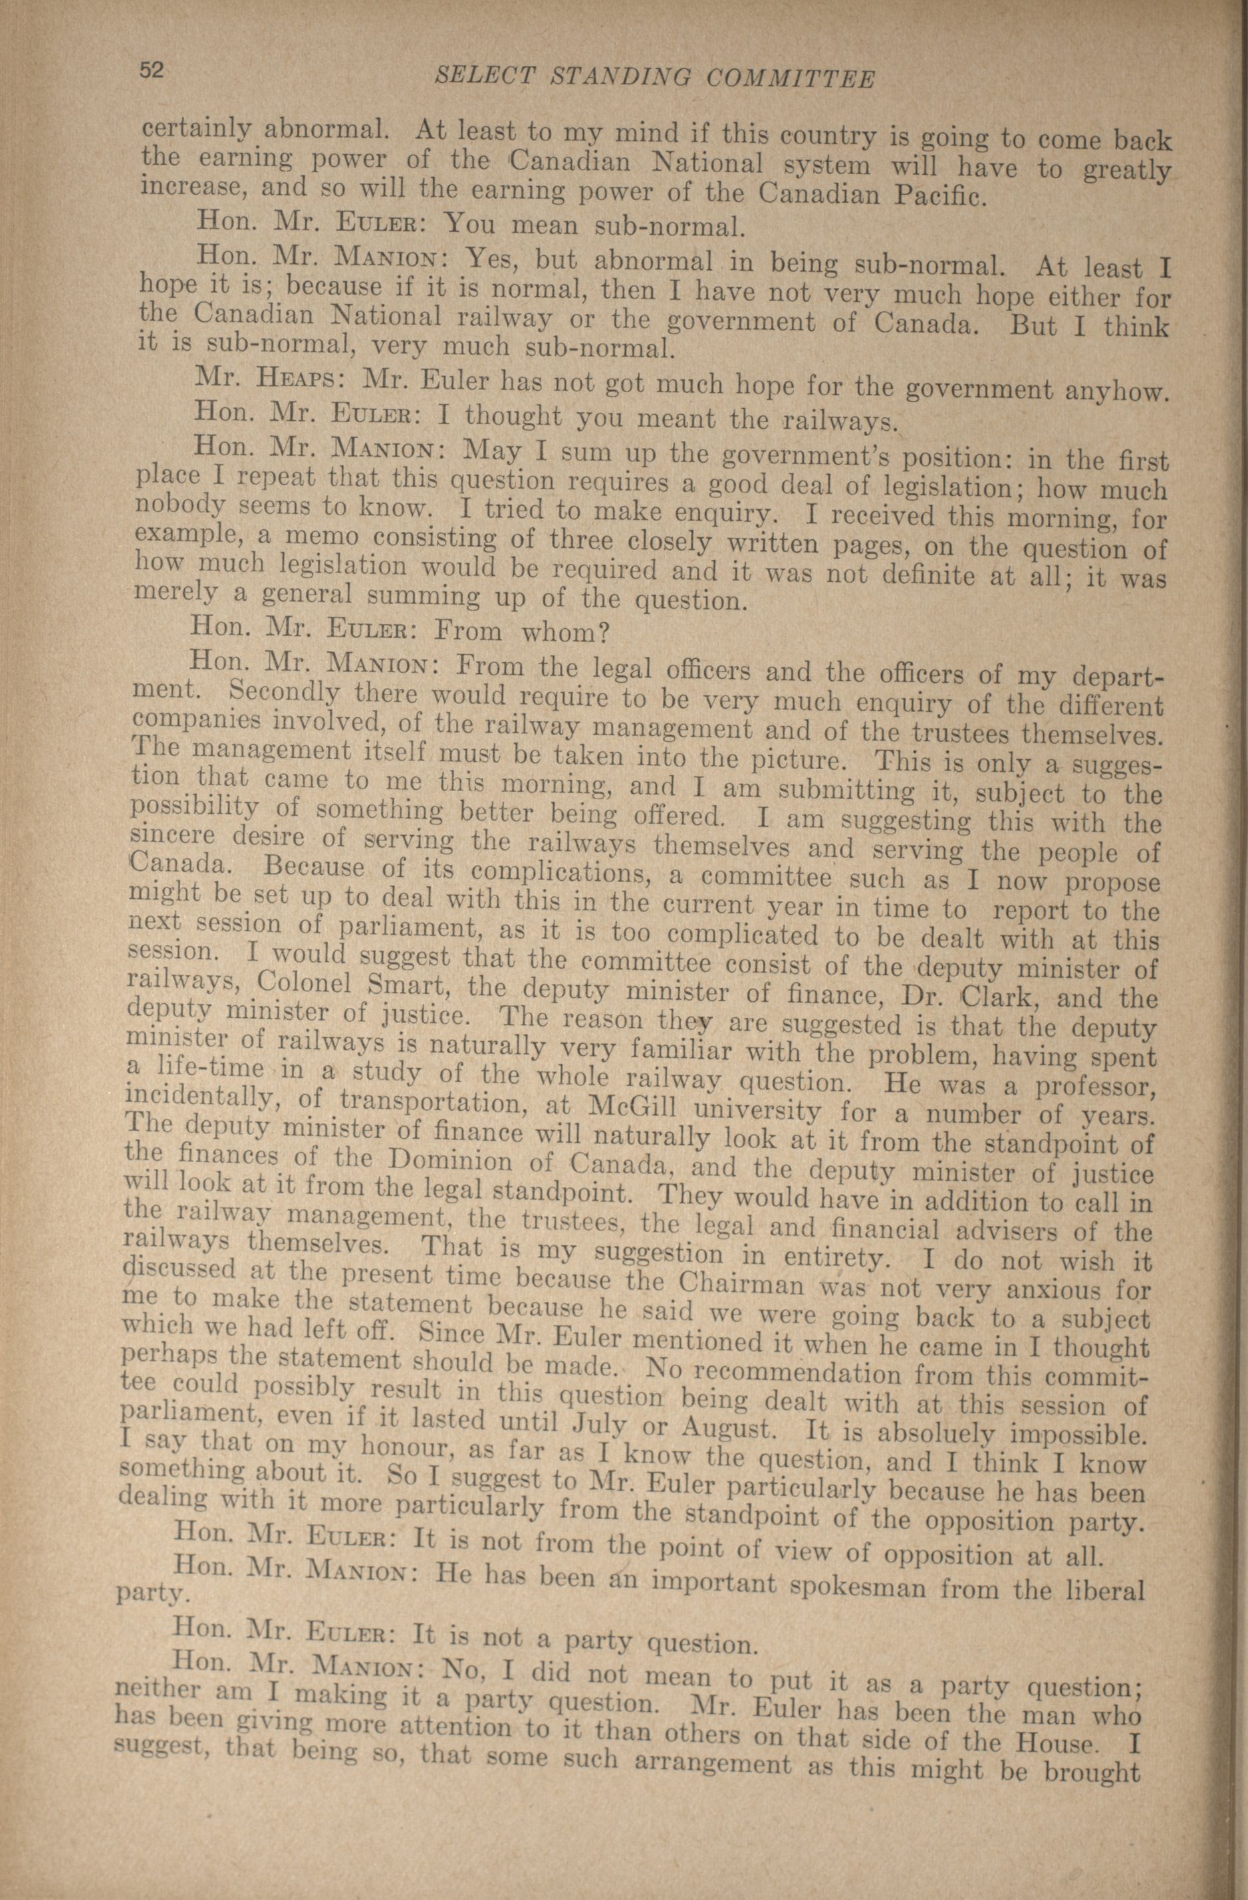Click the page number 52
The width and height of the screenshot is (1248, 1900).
click(152, 70)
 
